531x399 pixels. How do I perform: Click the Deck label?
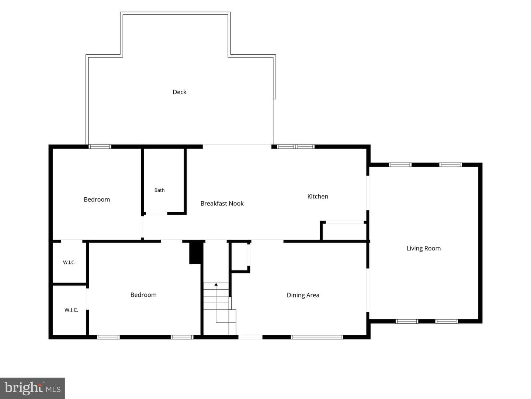180,92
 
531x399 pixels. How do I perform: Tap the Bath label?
159,190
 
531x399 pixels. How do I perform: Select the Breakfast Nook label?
222,204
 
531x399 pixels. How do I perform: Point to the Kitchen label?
317,197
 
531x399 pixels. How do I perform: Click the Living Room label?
423,248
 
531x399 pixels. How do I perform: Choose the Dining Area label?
303,295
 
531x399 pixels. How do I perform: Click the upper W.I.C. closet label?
69,262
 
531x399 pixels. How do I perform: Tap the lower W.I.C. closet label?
71,310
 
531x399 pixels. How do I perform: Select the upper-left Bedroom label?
97,199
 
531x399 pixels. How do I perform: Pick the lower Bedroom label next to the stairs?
143,295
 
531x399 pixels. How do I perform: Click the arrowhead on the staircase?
216,284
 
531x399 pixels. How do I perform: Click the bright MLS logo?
32,388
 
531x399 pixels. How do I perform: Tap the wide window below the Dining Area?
317,337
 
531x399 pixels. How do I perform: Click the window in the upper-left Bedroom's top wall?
100,147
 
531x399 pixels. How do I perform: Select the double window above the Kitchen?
296,147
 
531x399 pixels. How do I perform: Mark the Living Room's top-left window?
400,165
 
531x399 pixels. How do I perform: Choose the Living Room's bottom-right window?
446,321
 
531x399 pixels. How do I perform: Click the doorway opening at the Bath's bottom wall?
156,214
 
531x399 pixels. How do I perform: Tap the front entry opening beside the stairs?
250,337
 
